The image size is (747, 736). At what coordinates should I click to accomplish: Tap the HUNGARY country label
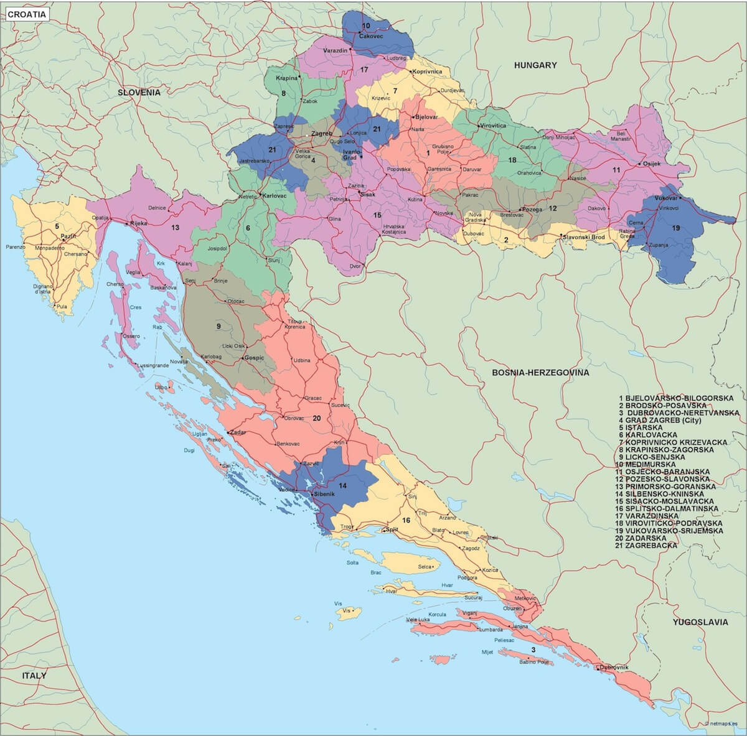click(x=535, y=65)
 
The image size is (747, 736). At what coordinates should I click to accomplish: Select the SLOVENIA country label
click(x=139, y=92)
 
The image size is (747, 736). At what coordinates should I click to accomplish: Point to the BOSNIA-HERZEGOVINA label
click(x=540, y=373)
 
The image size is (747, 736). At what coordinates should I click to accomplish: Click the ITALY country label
click(x=34, y=675)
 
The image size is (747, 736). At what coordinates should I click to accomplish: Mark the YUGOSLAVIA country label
click(x=700, y=622)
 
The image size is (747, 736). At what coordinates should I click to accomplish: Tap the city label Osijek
click(x=651, y=164)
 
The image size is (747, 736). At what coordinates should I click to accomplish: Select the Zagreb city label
click(x=321, y=133)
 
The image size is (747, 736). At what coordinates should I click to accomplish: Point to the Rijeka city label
click(x=138, y=223)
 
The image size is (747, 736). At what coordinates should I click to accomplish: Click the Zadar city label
click(x=238, y=432)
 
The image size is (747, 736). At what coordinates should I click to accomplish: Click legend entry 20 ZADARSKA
click(x=643, y=538)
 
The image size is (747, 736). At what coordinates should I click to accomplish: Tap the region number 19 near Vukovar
click(x=675, y=228)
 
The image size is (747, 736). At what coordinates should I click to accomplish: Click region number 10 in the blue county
click(x=366, y=26)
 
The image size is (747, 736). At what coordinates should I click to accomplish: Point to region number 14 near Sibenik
click(x=342, y=485)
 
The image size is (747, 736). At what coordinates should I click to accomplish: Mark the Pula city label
click(x=61, y=306)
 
